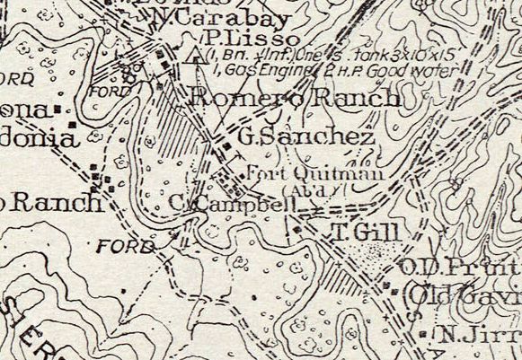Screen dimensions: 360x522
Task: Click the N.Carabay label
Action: [209, 18]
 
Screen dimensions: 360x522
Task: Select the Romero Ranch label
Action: [295, 99]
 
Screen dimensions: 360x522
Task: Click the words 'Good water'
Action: [395, 68]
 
